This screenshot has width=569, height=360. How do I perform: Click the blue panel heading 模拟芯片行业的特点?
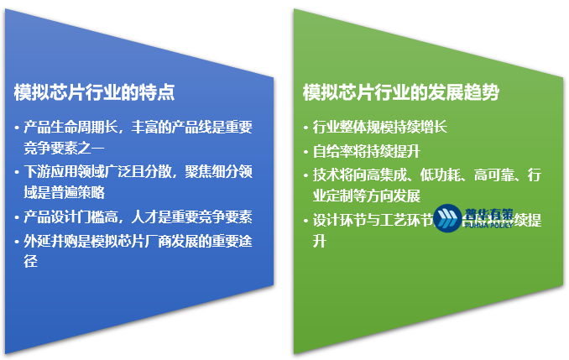click(x=94, y=91)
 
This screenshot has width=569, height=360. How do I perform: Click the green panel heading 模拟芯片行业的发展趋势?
click(x=400, y=91)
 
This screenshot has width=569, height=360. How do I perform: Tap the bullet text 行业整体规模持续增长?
click(x=380, y=128)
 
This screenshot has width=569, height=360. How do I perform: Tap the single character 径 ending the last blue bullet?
click(x=31, y=261)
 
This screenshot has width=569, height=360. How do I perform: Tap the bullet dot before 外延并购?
click(x=18, y=242)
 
